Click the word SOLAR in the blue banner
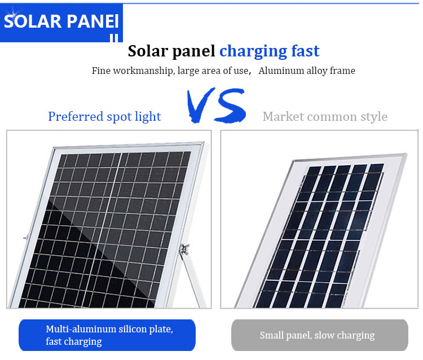point(33,21)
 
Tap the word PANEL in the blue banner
point(92,21)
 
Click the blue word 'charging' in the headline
point(253,51)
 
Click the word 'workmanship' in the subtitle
point(143,71)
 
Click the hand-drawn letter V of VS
point(200,106)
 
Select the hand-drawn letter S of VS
point(231,106)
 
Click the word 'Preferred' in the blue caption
point(76,117)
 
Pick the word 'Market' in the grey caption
point(283,117)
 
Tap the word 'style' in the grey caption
point(373,117)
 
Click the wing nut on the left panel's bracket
point(185,248)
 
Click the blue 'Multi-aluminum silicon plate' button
point(107,335)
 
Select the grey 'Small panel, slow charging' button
point(320,335)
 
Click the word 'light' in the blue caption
point(148,117)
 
